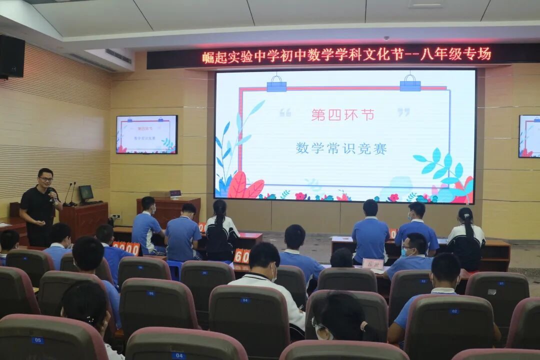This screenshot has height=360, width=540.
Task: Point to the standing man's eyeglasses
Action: (46, 178)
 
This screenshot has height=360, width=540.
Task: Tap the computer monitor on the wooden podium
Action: (86, 192)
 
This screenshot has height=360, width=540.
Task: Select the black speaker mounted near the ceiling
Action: (11, 56)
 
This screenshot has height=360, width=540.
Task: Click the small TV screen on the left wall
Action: (146, 134)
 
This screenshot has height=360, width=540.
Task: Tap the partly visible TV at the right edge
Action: (529, 136)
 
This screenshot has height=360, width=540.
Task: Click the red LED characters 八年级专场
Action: (455, 54)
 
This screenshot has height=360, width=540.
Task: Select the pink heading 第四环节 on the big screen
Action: (342, 115)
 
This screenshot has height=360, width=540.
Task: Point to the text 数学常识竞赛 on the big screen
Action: (341, 148)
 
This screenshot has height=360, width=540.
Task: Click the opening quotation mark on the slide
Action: (285, 112)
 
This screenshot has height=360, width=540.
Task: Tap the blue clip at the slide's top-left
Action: (276, 84)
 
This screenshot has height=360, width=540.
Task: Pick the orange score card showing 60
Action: (241, 256)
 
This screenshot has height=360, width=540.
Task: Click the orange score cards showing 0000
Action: (126, 247)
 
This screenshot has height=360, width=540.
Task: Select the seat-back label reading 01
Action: (500, 283)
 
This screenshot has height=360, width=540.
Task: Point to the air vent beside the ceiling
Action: (118, 55)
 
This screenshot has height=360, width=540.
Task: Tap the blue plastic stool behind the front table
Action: (174, 269)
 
